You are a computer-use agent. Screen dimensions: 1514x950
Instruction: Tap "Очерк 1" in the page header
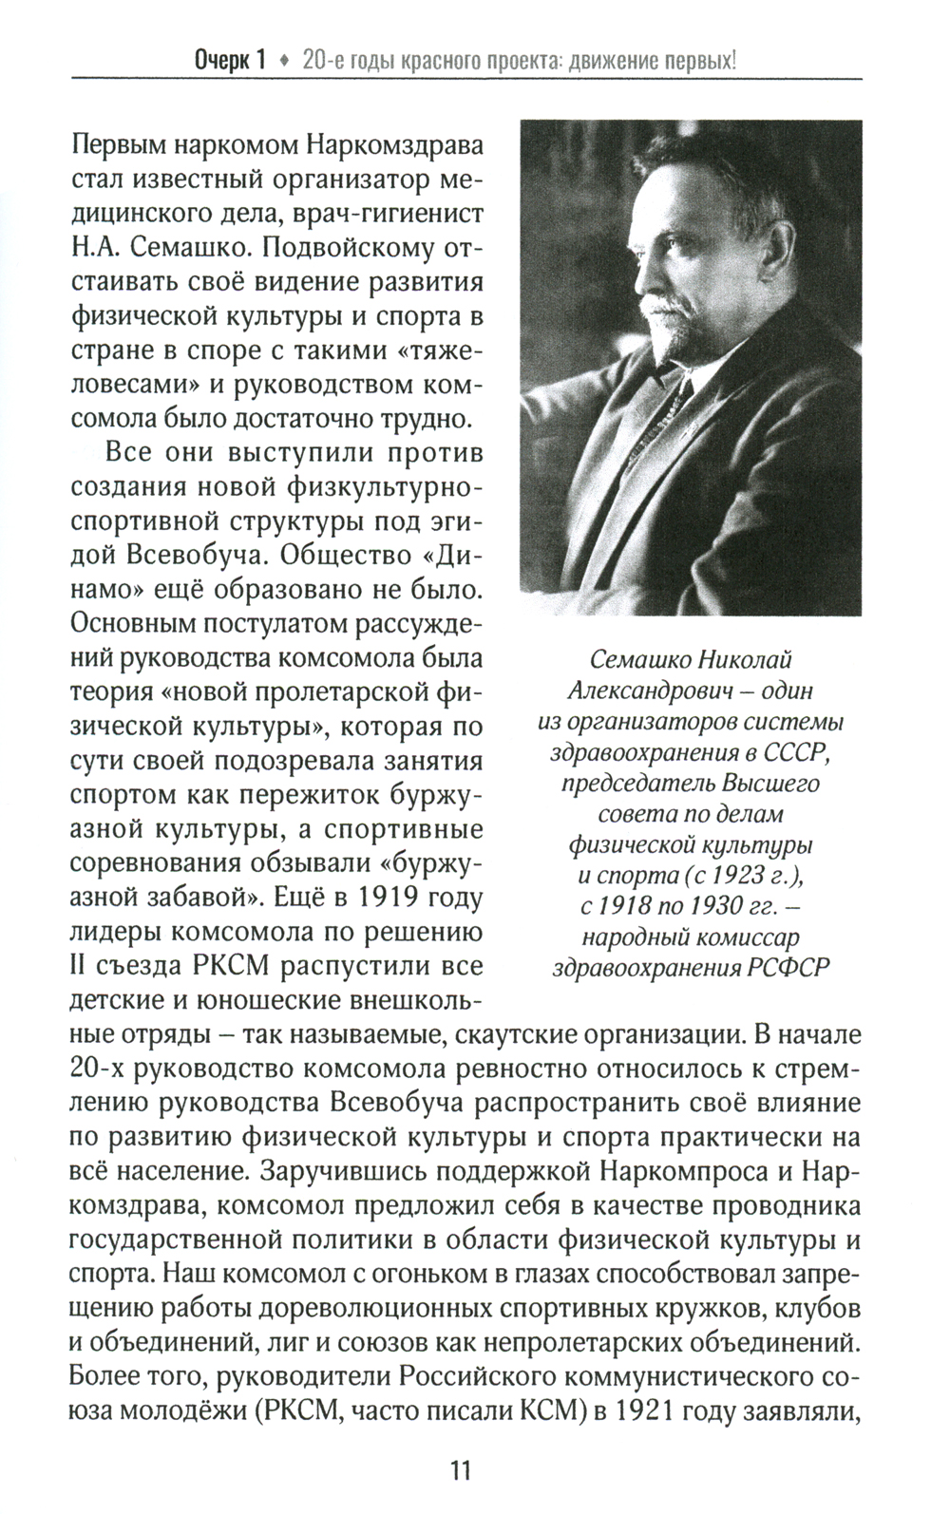click(x=229, y=62)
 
